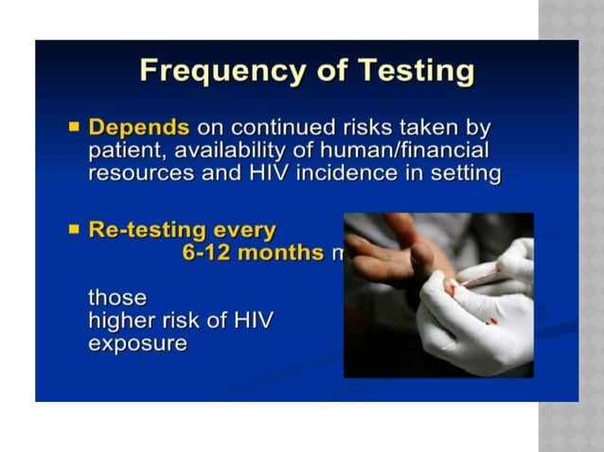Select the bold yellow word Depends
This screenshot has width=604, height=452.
[139, 127]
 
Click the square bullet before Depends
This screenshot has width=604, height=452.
[75, 126]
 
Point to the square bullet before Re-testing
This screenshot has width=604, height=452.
[75, 229]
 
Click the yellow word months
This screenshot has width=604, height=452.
[279, 252]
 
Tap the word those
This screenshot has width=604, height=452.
[117, 298]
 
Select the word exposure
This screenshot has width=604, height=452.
[138, 343]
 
